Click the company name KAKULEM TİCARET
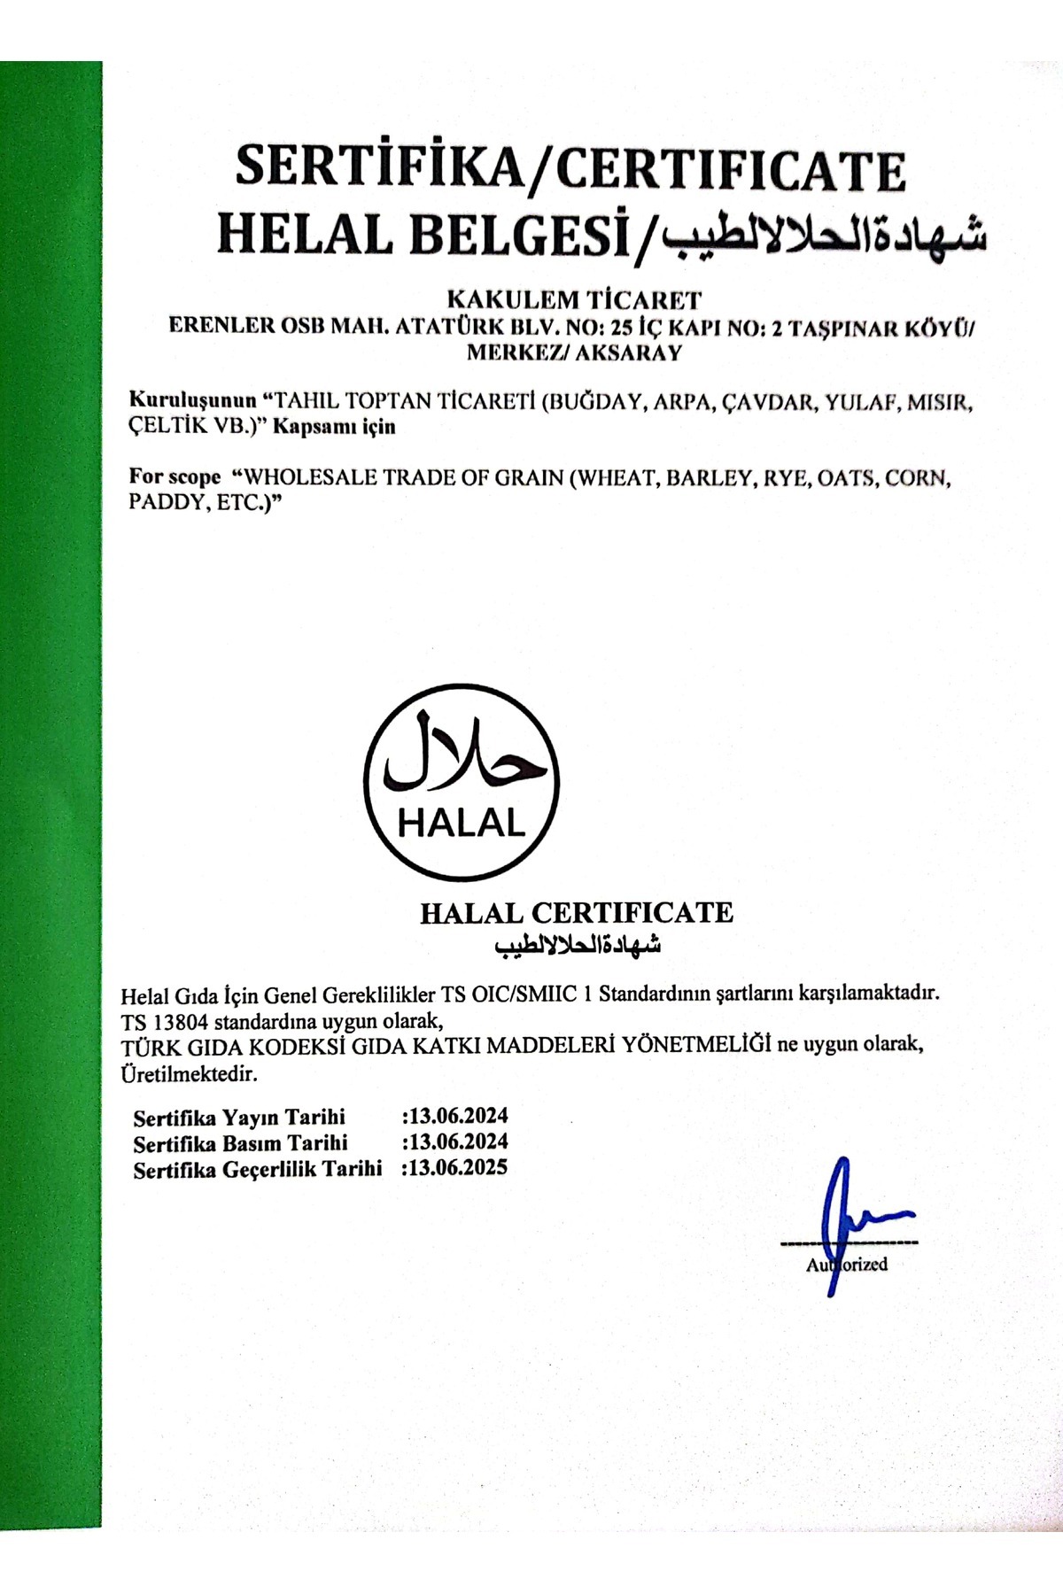tap(574, 299)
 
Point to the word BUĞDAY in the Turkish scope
tap(596, 402)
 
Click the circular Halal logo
tap(462, 781)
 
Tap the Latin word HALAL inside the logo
tap(462, 824)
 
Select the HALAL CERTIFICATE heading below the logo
tap(577, 913)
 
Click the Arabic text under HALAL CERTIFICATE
tap(578, 945)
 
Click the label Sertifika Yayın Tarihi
tap(239, 1117)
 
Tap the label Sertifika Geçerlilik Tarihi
tap(258, 1170)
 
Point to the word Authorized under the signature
tap(847, 1265)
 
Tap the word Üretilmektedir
tap(190, 1075)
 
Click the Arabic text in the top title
tap(825, 236)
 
